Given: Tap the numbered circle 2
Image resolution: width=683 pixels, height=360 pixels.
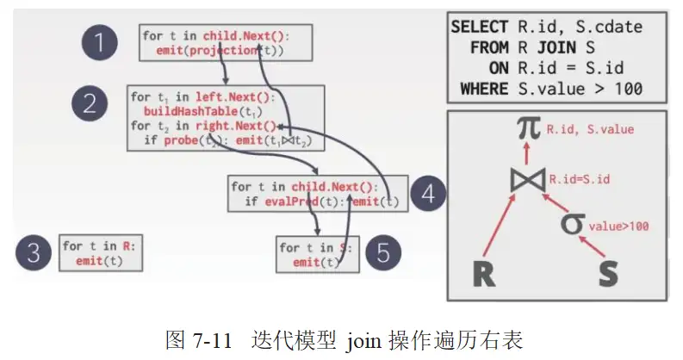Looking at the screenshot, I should [x=90, y=105].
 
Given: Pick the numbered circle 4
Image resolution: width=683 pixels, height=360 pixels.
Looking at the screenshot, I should [x=428, y=193].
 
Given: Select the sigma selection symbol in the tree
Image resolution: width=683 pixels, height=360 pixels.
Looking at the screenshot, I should [x=572, y=226].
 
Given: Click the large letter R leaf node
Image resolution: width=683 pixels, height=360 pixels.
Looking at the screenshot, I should [x=485, y=274].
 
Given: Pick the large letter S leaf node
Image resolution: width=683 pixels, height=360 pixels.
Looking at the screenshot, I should [x=609, y=274].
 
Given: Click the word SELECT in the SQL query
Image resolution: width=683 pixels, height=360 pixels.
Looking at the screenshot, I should [x=479, y=28].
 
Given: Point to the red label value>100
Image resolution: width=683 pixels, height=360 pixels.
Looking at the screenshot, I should [x=618, y=227].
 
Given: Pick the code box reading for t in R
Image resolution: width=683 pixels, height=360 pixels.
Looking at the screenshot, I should [x=100, y=253].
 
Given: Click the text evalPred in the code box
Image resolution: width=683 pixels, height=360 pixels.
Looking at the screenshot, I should [x=287, y=202].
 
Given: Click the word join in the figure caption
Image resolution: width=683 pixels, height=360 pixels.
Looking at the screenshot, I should [x=363, y=340].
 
